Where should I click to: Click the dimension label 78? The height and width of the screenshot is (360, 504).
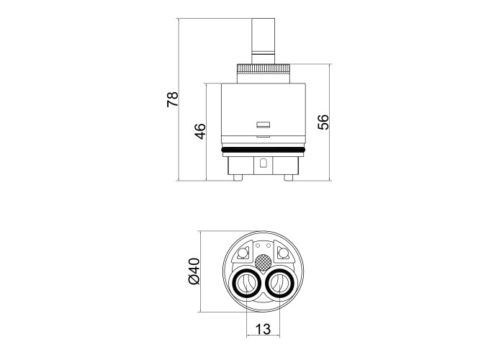click(172, 99)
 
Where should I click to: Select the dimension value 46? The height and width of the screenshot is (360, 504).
click(199, 131)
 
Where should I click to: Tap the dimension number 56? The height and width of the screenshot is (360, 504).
click(323, 122)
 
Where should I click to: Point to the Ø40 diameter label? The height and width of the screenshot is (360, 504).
click(194, 271)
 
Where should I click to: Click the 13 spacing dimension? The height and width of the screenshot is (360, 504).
click(263, 329)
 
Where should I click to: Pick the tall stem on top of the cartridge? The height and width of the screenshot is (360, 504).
click(264, 41)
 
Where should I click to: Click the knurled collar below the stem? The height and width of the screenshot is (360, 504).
click(264, 68)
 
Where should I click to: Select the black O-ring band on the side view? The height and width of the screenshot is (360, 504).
click(264, 150)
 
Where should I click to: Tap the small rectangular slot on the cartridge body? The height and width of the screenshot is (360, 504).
click(263, 125)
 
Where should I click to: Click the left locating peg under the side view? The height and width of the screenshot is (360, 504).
click(238, 178)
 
